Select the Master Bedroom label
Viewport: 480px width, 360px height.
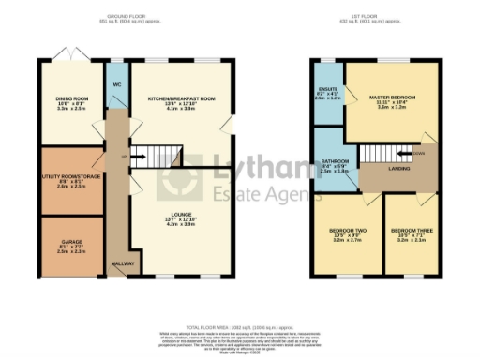tap(387, 96)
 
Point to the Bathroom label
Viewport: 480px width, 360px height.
tap(334, 162)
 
